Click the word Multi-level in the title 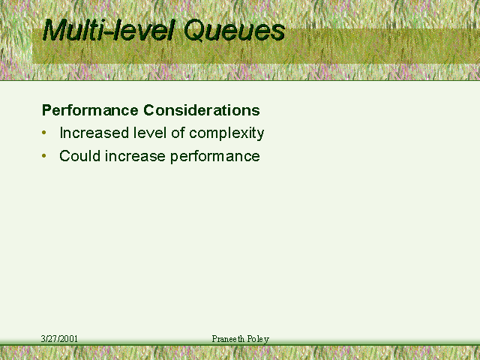point(109,29)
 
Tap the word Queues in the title point(235,31)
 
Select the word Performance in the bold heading point(90,110)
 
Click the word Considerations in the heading point(202,110)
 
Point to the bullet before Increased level point(44,133)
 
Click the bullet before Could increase point(44,156)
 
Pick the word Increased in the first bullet point(94,133)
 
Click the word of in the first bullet point(178,133)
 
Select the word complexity point(226,133)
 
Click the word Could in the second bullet point(80,156)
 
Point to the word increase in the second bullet point(135,156)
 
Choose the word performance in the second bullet point(215,157)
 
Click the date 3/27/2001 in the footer point(59,339)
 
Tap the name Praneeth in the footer point(228,339)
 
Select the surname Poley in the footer point(258,339)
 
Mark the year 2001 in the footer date point(69,339)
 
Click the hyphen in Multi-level point(107,32)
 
